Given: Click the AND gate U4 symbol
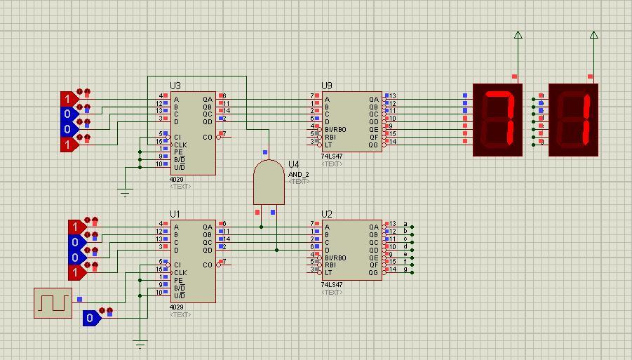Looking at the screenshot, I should click(x=269, y=182).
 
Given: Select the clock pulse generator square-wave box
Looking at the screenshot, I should click(x=53, y=302).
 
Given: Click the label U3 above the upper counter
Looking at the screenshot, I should click(x=175, y=86).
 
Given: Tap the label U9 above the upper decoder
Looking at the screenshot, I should click(x=327, y=86).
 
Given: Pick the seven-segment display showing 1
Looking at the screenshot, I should click(x=573, y=119).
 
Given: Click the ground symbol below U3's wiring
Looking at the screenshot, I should click(x=125, y=192).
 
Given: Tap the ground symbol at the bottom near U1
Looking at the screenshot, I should click(x=140, y=344).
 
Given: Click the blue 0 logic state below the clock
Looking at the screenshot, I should click(x=90, y=318).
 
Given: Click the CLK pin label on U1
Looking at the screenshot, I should click(x=180, y=272).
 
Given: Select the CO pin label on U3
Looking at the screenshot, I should click(x=208, y=137).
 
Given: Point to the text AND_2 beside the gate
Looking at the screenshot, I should click(x=298, y=174).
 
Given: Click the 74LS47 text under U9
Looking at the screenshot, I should click(x=332, y=156).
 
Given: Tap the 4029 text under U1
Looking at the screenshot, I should click(x=176, y=307).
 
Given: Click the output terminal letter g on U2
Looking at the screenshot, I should click(x=405, y=269).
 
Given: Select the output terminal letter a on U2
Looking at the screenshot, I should click(x=405, y=224).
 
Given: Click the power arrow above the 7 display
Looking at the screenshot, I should click(x=518, y=36).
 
